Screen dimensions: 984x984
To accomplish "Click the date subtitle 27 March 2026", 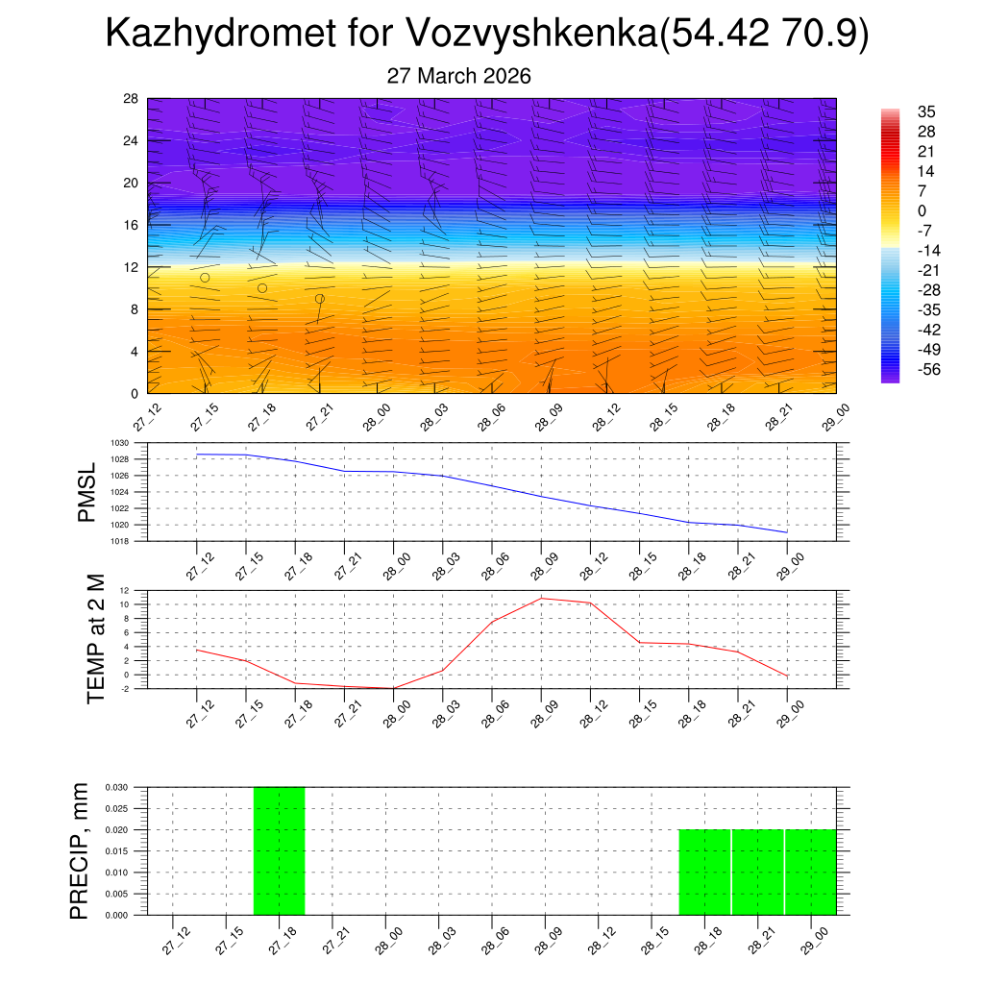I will click(458, 76).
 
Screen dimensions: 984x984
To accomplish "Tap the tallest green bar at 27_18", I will click(279, 850).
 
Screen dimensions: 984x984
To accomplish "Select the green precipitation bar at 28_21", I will click(758, 872).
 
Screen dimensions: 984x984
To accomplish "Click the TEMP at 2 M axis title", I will click(94, 639).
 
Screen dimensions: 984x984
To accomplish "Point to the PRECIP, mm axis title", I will click(80, 850).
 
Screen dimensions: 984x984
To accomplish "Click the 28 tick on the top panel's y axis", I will click(132, 99).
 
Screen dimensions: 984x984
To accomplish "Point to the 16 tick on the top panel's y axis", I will click(132, 225).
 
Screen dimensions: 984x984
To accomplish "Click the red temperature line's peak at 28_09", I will click(541, 598).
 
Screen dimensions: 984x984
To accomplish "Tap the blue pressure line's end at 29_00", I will click(788, 532).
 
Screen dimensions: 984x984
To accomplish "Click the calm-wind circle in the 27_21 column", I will click(320, 299).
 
